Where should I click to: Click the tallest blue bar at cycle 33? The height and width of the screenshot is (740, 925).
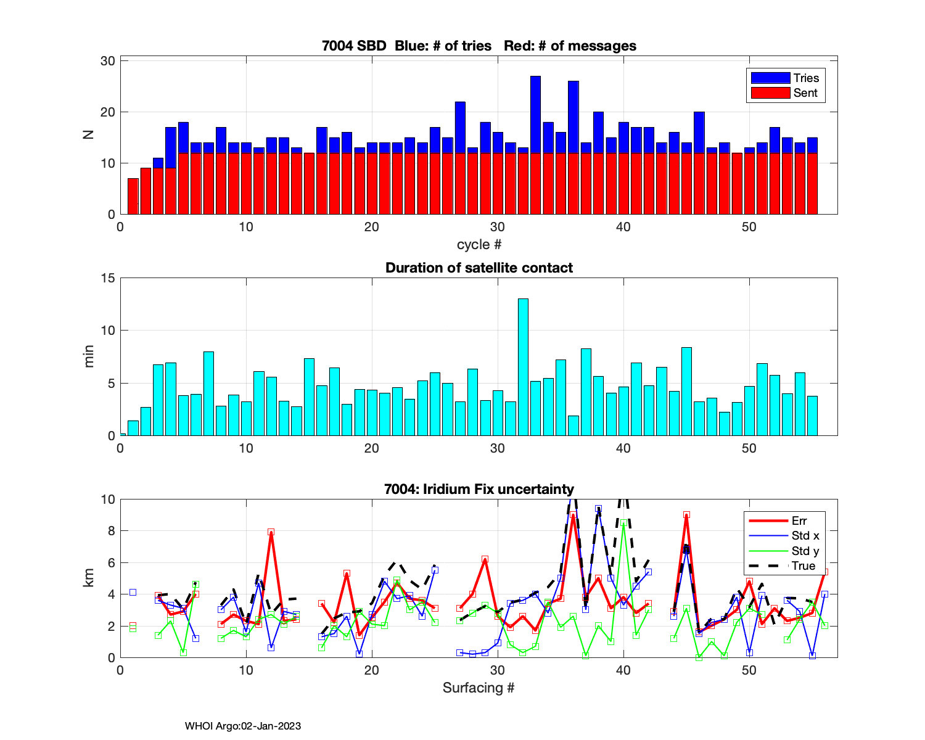coord(535,114)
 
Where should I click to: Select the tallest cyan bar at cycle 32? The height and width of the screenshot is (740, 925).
coord(523,367)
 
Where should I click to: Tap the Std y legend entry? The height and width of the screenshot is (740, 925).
coord(784,551)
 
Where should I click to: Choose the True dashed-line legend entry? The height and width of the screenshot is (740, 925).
coord(784,566)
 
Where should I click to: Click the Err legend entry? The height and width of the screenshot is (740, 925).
coord(784,520)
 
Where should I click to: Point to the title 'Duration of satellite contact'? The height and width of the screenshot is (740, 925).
coord(479,268)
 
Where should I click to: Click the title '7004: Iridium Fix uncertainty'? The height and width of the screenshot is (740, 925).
coord(479,489)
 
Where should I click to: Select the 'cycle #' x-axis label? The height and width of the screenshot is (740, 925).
coord(479,244)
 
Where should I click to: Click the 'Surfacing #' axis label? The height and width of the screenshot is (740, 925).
coord(479,688)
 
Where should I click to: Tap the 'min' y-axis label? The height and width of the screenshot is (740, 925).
coord(89,356)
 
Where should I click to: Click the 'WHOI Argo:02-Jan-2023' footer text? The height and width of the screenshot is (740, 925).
coord(243,726)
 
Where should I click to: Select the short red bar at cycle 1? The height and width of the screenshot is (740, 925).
coord(133,196)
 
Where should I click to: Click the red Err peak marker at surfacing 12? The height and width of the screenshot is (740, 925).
coord(271,532)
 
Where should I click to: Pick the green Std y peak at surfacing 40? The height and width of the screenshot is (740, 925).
coord(624,523)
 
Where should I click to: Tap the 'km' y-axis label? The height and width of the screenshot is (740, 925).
coord(89,578)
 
